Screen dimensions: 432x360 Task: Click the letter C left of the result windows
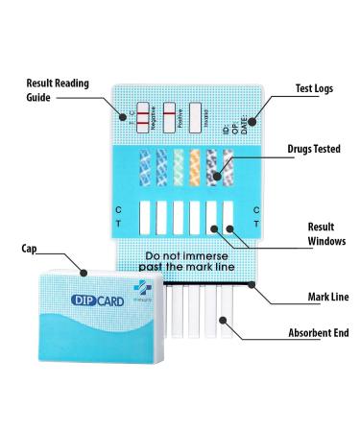tap(119, 208)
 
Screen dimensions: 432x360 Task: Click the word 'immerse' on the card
tap(209, 257)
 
